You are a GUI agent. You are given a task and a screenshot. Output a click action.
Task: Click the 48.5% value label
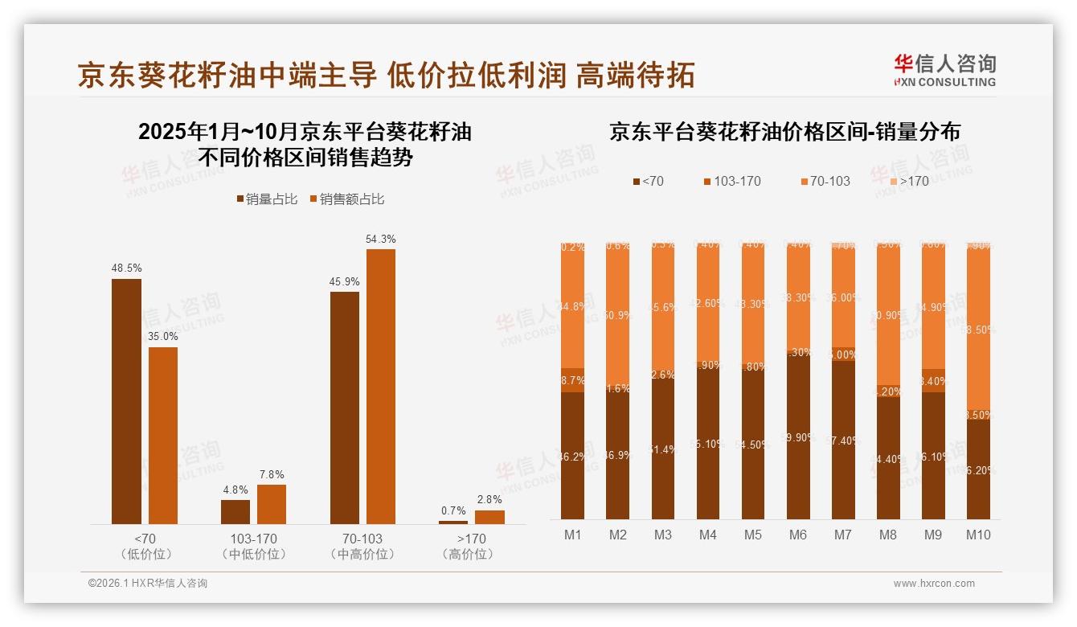click(126, 268)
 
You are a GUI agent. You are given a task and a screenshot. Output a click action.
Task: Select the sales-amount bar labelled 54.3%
click(381, 386)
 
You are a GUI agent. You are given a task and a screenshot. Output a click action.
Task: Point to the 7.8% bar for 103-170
click(272, 504)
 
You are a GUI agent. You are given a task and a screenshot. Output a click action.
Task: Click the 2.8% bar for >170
click(489, 517)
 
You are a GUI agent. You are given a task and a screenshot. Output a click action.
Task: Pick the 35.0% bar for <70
click(163, 435)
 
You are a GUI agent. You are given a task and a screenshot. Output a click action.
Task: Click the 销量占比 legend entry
click(266, 199)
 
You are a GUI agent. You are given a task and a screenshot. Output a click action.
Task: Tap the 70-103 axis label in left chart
click(362, 539)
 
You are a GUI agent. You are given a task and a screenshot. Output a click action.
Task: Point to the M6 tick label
click(798, 535)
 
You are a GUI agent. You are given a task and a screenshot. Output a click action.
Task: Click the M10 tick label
click(978, 535)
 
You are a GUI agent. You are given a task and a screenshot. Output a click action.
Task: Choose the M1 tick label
click(573, 535)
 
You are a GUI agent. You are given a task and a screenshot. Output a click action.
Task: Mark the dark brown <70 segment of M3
click(663, 450)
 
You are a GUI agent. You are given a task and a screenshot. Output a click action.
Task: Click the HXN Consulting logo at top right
click(944, 70)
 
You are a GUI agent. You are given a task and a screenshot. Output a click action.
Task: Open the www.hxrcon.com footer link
click(934, 584)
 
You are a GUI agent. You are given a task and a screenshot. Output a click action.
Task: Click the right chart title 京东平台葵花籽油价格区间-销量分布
click(784, 132)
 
